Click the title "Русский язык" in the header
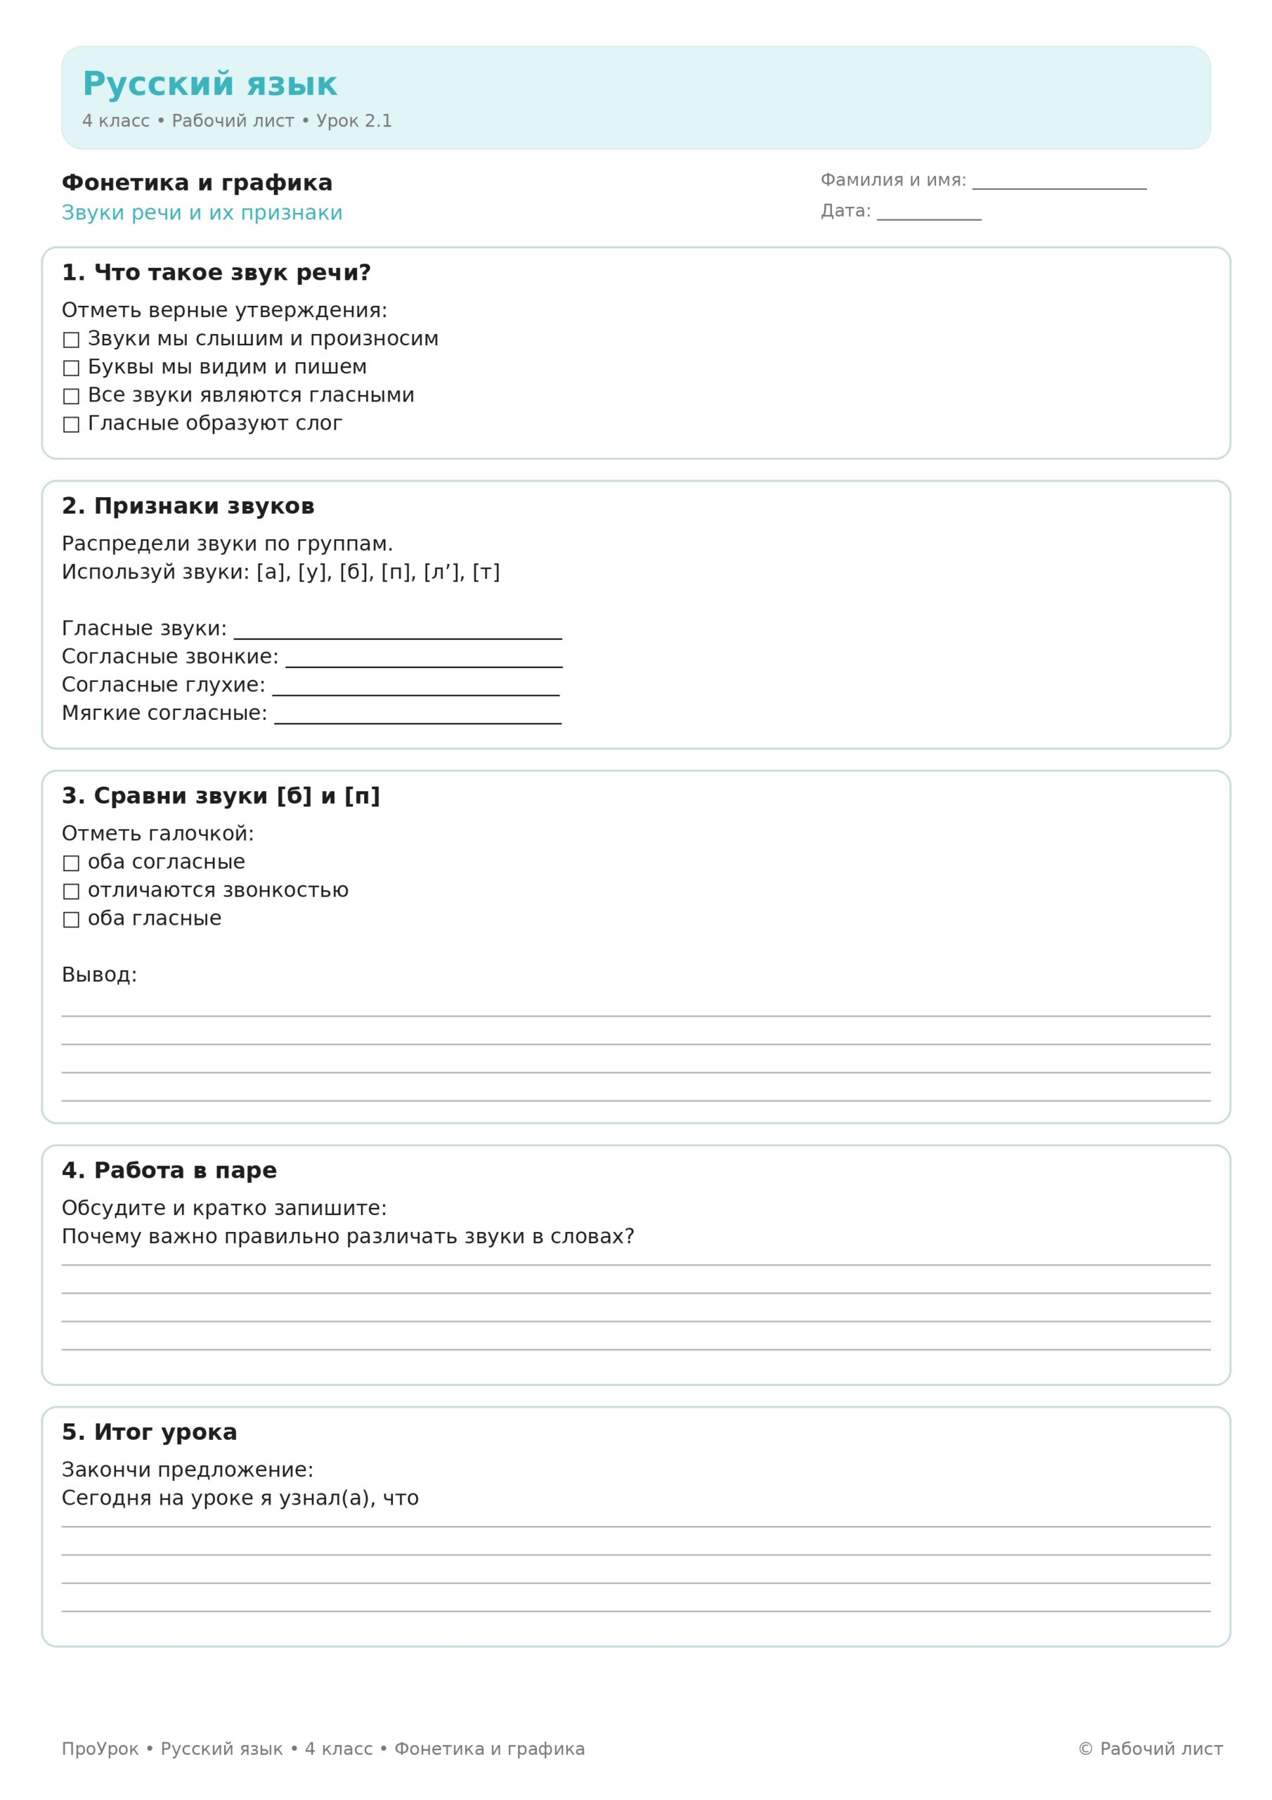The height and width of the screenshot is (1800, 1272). (209, 84)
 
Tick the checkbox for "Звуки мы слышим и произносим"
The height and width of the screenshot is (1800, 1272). (71, 340)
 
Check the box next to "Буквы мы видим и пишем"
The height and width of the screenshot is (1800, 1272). (71, 368)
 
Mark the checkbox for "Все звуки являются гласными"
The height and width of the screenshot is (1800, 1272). (71, 396)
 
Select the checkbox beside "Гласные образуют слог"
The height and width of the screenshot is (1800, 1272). (71, 424)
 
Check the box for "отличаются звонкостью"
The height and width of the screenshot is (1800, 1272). (71, 892)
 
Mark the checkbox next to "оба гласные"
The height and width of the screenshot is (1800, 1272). (71, 920)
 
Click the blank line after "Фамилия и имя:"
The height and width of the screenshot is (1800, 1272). (1059, 184)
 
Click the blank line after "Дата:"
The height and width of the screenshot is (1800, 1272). (929, 216)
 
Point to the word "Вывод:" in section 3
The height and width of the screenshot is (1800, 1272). (100, 975)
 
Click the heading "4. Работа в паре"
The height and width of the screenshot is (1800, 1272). (169, 1171)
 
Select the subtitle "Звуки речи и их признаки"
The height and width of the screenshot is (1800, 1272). (202, 213)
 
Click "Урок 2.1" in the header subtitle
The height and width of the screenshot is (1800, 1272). (353, 121)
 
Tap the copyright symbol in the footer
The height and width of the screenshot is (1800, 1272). (1086, 1749)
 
